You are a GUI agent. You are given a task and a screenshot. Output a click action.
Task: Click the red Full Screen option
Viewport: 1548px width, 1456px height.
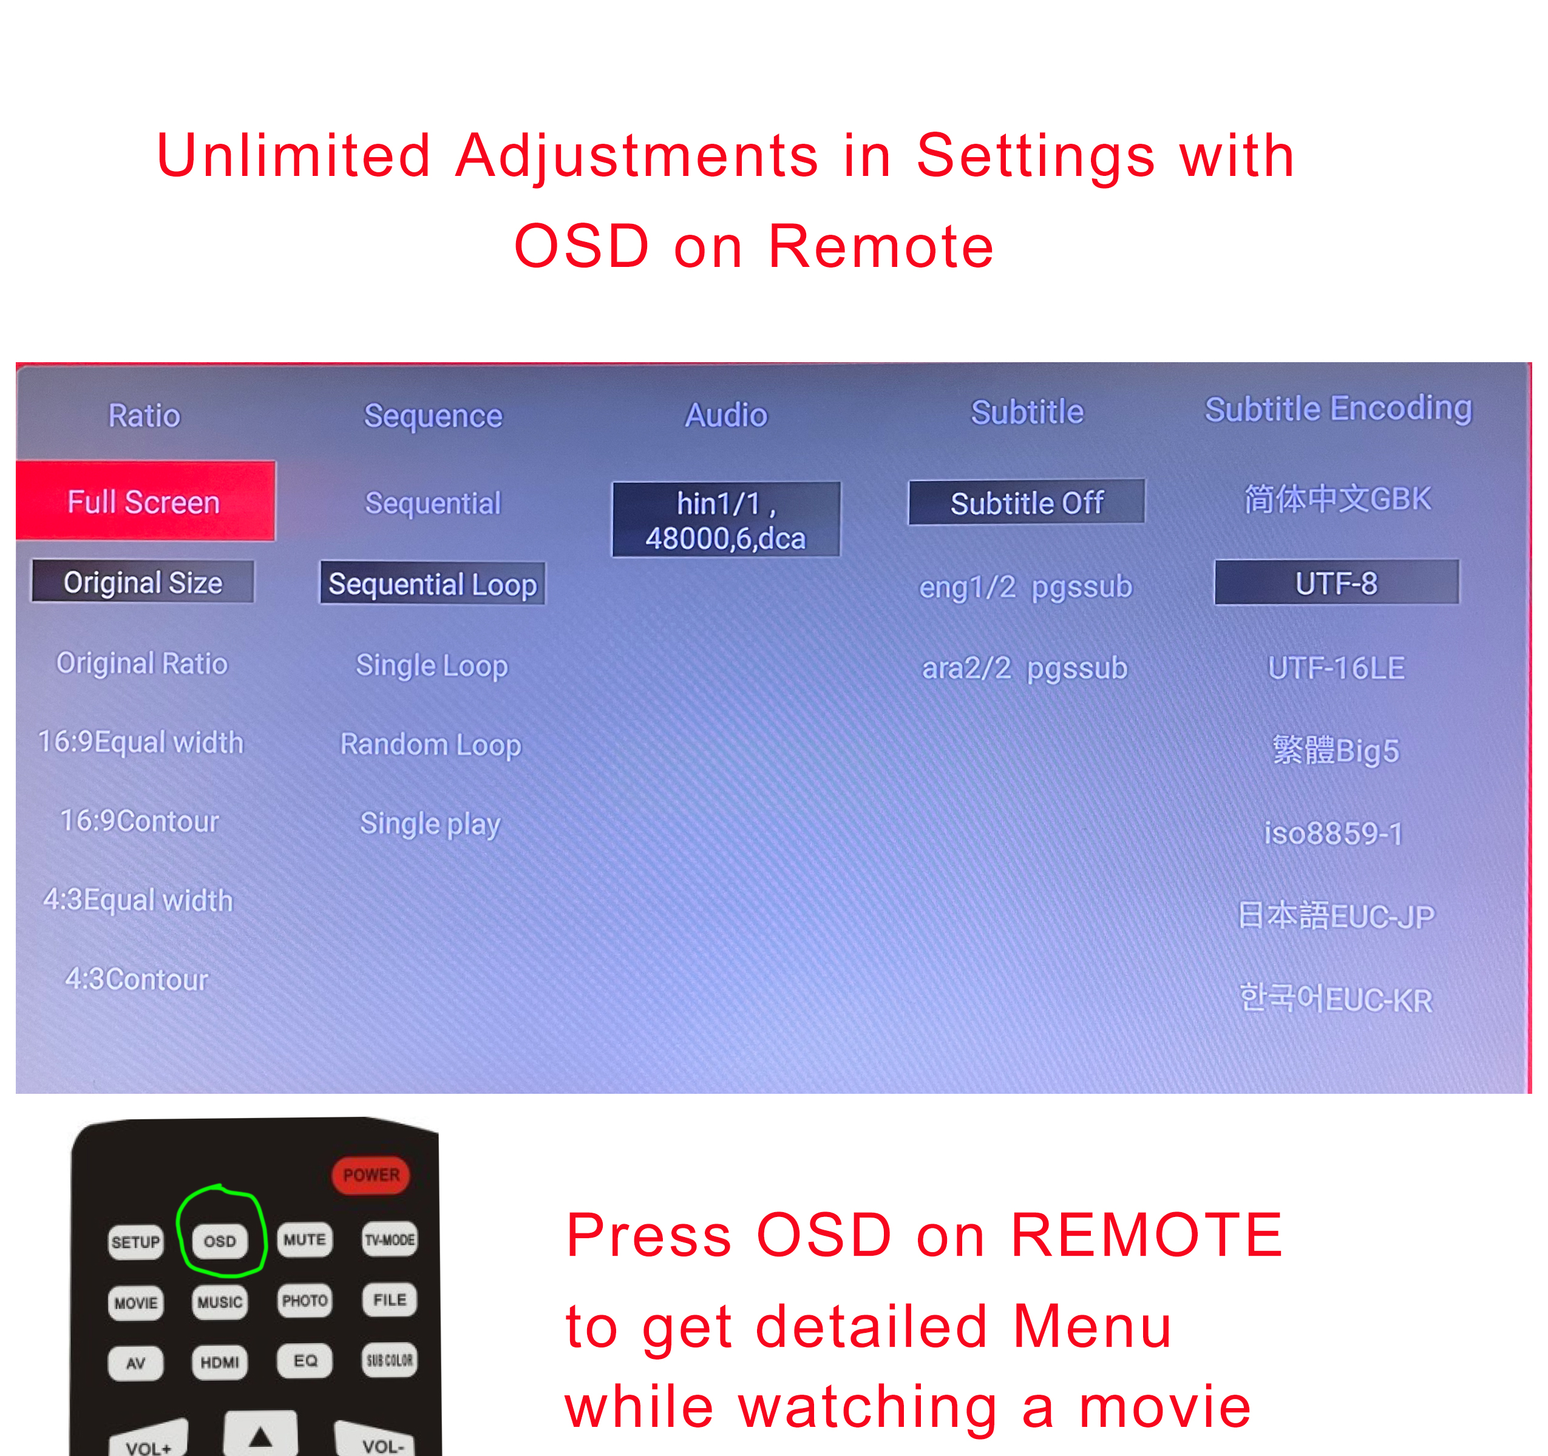(145, 500)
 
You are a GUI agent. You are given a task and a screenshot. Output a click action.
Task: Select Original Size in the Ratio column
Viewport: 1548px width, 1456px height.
(143, 582)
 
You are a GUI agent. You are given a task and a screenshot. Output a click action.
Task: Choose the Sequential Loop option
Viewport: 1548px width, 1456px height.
(432, 584)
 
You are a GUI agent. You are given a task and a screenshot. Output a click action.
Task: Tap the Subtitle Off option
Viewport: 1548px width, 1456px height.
(1027, 502)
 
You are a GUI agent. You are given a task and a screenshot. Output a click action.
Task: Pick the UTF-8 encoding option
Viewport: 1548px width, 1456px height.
(1336, 582)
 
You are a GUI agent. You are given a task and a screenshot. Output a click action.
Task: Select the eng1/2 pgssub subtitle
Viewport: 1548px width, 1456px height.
(1025, 587)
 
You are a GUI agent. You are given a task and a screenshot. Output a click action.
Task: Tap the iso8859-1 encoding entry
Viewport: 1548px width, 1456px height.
(1333, 833)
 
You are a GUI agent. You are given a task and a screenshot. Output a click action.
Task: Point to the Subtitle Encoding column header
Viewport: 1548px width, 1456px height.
(1339, 408)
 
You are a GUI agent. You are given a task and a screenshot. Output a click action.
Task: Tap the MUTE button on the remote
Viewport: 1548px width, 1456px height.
(305, 1239)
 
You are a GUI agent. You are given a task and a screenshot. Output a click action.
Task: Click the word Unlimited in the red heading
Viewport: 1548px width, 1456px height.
(294, 155)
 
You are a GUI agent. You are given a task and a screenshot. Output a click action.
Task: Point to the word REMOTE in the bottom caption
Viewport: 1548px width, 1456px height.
(1146, 1235)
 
